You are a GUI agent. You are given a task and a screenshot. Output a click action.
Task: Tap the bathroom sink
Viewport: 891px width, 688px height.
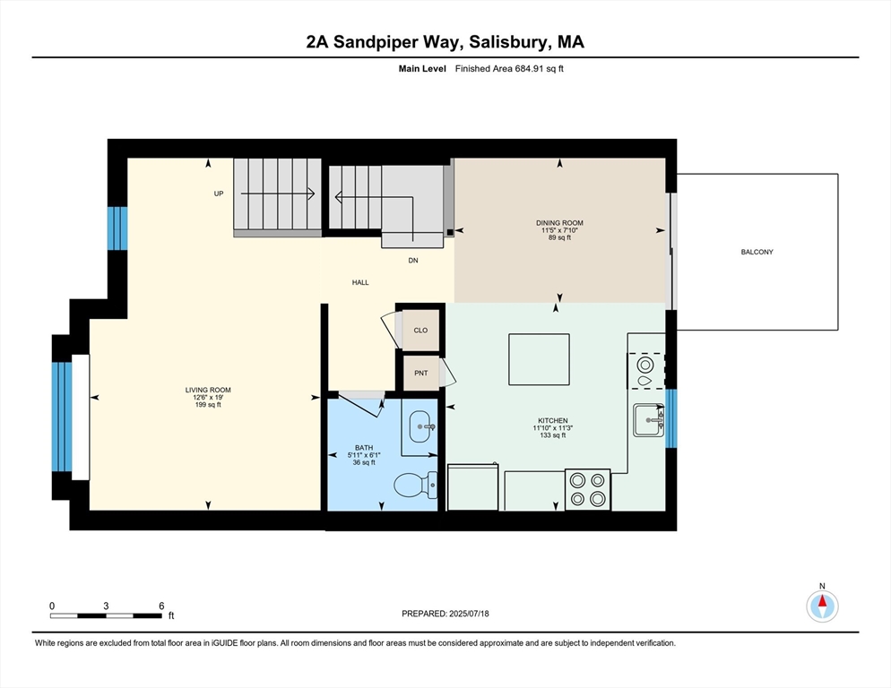tap(420, 427)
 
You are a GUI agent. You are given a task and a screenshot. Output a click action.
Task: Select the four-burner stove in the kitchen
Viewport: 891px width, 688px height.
tap(587, 490)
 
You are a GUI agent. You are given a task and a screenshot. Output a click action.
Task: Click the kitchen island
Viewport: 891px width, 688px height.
tap(539, 359)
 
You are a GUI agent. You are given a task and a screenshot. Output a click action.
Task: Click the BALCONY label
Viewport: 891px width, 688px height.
tap(757, 252)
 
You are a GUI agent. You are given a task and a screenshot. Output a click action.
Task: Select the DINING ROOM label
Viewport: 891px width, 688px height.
tap(559, 223)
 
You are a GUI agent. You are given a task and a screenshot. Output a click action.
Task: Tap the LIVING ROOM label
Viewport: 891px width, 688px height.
tap(208, 390)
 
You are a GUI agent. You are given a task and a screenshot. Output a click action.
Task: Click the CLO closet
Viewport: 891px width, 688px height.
tap(420, 330)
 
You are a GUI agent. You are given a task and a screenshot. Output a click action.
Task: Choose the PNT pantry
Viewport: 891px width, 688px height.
tap(420, 373)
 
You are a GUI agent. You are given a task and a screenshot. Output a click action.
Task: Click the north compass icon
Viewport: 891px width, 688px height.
tap(822, 606)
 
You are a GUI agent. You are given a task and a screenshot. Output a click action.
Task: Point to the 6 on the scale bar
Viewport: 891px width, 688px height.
tap(160, 606)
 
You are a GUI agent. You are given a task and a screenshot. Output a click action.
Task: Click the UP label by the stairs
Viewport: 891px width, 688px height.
tap(218, 193)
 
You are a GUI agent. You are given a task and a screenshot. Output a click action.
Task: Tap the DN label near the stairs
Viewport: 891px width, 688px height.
tap(412, 261)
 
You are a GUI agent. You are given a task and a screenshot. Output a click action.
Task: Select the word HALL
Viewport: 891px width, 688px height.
tap(359, 282)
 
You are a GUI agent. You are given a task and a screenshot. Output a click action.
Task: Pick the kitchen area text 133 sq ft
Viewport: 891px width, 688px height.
tap(553, 435)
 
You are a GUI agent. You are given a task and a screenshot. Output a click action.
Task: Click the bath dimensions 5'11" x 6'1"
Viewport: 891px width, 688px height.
tap(363, 455)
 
